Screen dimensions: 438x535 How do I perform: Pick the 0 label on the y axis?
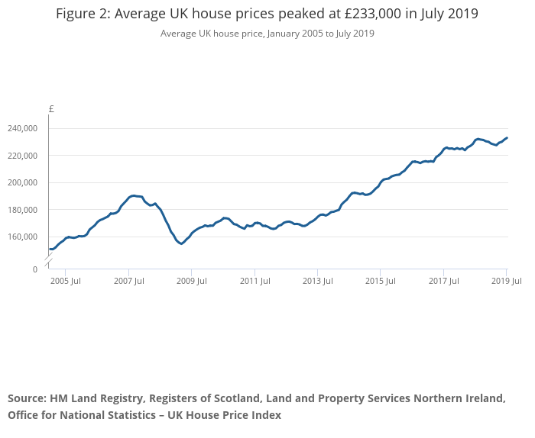[34, 269]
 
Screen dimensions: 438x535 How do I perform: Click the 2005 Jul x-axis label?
[66, 281]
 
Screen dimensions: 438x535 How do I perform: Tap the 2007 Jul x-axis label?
[128, 281]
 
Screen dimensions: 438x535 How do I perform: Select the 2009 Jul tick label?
[192, 281]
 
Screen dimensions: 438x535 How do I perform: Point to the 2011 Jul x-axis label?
[255, 281]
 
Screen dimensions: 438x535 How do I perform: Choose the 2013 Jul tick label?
[317, 281]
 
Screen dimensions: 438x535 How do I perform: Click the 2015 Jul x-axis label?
[381, 281]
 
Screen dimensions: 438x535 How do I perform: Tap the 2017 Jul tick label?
[443, 281]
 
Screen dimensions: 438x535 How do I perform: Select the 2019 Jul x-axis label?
[507, 281]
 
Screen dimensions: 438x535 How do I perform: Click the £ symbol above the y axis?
[51, 109]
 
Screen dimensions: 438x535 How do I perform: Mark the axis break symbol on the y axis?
[48, 262]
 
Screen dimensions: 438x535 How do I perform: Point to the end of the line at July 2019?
[507, 138]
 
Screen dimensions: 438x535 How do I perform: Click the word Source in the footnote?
[26, 398]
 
